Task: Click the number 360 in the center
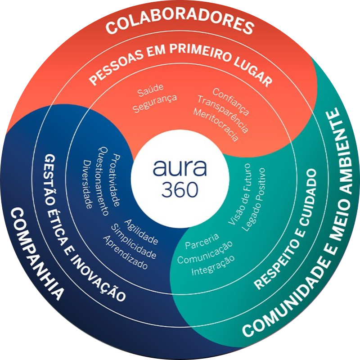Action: [180, 189]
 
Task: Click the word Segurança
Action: [155, 103]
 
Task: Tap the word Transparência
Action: [223, 114]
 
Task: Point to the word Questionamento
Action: [103, 181]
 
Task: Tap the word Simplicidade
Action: [134, 241]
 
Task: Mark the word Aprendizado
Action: [125, 252]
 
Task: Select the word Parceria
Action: [202, 241]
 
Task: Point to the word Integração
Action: [213, 265]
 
